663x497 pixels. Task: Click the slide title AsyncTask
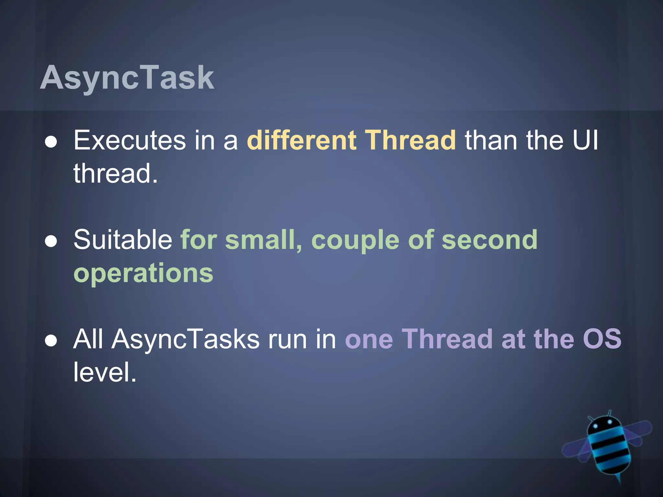pyautogui.click(x=127, y=78)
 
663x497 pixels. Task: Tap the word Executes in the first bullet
pyautogui.click(x=129, y=140)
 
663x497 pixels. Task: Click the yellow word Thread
pyautogui.click(x=410, y=140)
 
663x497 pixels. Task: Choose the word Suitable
pyautogui.click(x=123, y=240)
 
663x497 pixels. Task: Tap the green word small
pyautogui.click(x=263, y=240)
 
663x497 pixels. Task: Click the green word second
pyautogui.click(x=489, y=240)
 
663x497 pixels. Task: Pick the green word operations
pyautogui.click(x=143, y=273)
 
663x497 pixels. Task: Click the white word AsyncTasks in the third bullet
pyautogui.click(x=185, y=339)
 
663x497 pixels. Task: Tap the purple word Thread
pyautogui.click(x=447, y=339)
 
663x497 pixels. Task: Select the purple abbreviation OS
pyautogui.click(x=602, y=339)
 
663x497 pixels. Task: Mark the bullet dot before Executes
pyautogui.click(x=51, y=142)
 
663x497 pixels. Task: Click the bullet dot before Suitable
pyautogui.click(x=51, y=241)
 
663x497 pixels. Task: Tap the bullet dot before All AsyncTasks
pyautogui.click(x=51, y=341)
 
